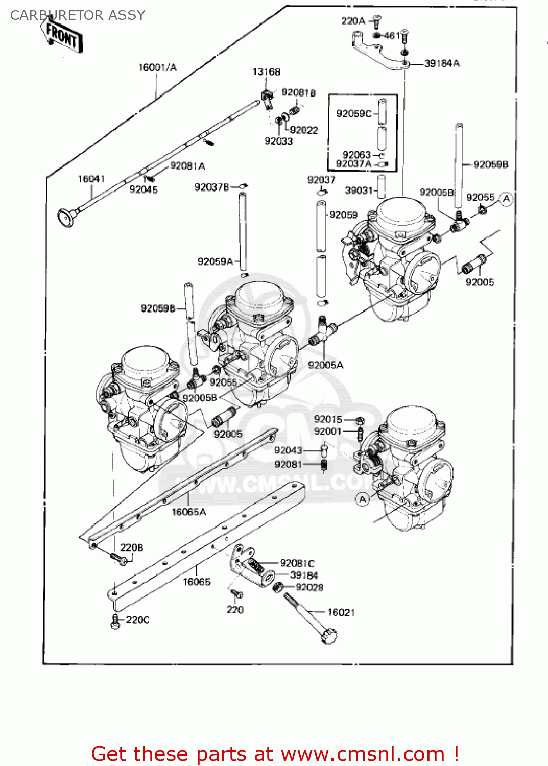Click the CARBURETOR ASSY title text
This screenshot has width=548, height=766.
pos(78,15)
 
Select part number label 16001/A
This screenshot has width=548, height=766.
pos(157,67)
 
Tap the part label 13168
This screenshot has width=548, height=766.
pos(266,72)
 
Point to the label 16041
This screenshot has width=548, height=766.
pos(91,179)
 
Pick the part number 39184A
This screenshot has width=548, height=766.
pos(442,63)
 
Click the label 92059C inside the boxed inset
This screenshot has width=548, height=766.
pos(353,113)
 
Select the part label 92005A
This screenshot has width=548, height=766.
pos(325,365)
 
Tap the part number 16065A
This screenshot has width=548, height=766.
pos(188,512)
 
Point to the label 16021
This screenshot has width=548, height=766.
pos(341,612)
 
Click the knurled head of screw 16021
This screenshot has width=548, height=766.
pos(329,636)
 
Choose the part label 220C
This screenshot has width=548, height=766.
pos(137,620)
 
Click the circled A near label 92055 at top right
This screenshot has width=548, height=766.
pos(506,199)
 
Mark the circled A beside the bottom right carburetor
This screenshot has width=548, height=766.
pos(362,499)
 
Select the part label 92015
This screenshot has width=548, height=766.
pos(328,419)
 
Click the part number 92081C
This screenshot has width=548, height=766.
pos(297,563)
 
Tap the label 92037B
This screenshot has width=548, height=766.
pos(211,187)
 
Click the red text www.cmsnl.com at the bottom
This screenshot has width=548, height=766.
pos(363,754)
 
